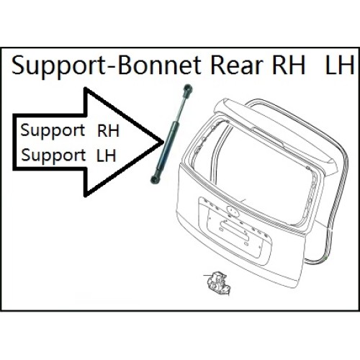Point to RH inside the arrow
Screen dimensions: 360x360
click(x=108, y=131)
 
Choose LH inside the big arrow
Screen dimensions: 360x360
click(x=107, y=156)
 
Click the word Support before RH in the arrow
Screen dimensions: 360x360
click(x=53, y=132)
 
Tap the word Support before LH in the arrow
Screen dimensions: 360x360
click(x=53, y=156)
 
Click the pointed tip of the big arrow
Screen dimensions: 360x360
click(x=163, y=142)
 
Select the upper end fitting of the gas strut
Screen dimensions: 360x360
click(x=187, y=90)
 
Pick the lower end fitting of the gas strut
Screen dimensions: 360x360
click(x=154, y=178)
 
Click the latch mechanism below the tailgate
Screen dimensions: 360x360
click(x=218, y=282)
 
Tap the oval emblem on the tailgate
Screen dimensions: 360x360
click(x=233, y=210)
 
